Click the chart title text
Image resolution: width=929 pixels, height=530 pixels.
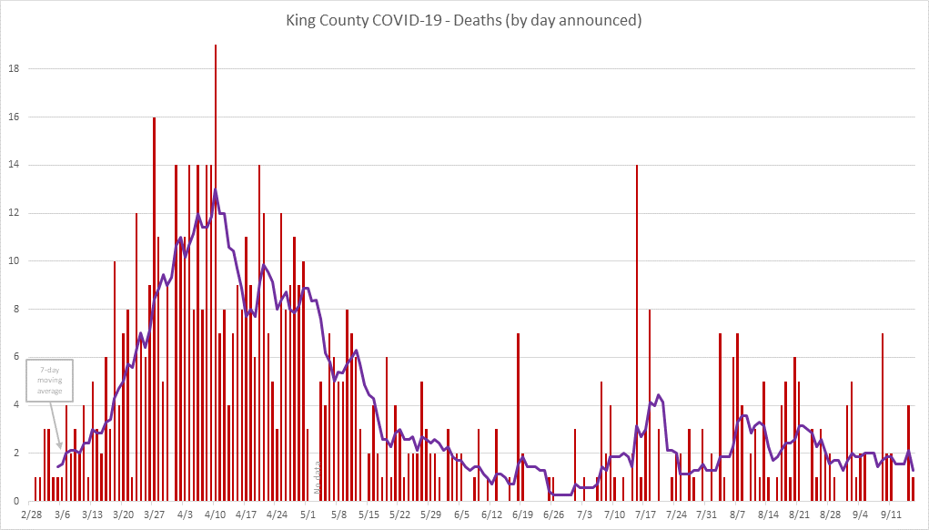(x=464, y=20)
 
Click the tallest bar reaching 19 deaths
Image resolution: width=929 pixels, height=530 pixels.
(x=216, y=273)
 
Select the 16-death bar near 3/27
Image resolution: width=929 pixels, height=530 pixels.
(x=154, y=310)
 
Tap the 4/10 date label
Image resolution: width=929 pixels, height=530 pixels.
(x=216, y=515)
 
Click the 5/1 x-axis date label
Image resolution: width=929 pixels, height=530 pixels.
(x=308, y=515)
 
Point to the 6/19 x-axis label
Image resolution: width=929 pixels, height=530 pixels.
(x=522, y=515)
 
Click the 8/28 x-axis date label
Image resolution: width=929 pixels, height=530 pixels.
(x=830, y=515)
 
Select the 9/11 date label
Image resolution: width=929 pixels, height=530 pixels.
(x=891, y=515)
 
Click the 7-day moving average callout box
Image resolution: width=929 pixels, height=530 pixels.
(x=50, y=380)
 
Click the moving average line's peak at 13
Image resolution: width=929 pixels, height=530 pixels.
(x=216, y=190)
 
